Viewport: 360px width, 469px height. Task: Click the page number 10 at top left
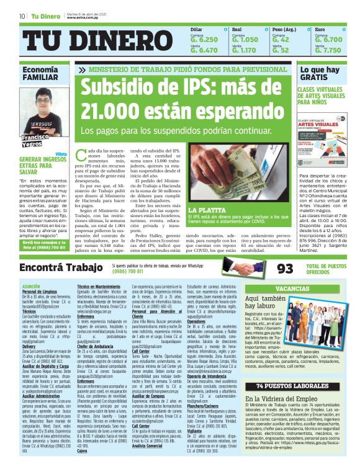pos(22,16)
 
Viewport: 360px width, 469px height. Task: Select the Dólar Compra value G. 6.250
pos(204,39)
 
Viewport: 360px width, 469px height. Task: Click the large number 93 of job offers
pos(284,269)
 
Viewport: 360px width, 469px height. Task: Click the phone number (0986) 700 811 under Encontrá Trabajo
pos(132,272)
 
